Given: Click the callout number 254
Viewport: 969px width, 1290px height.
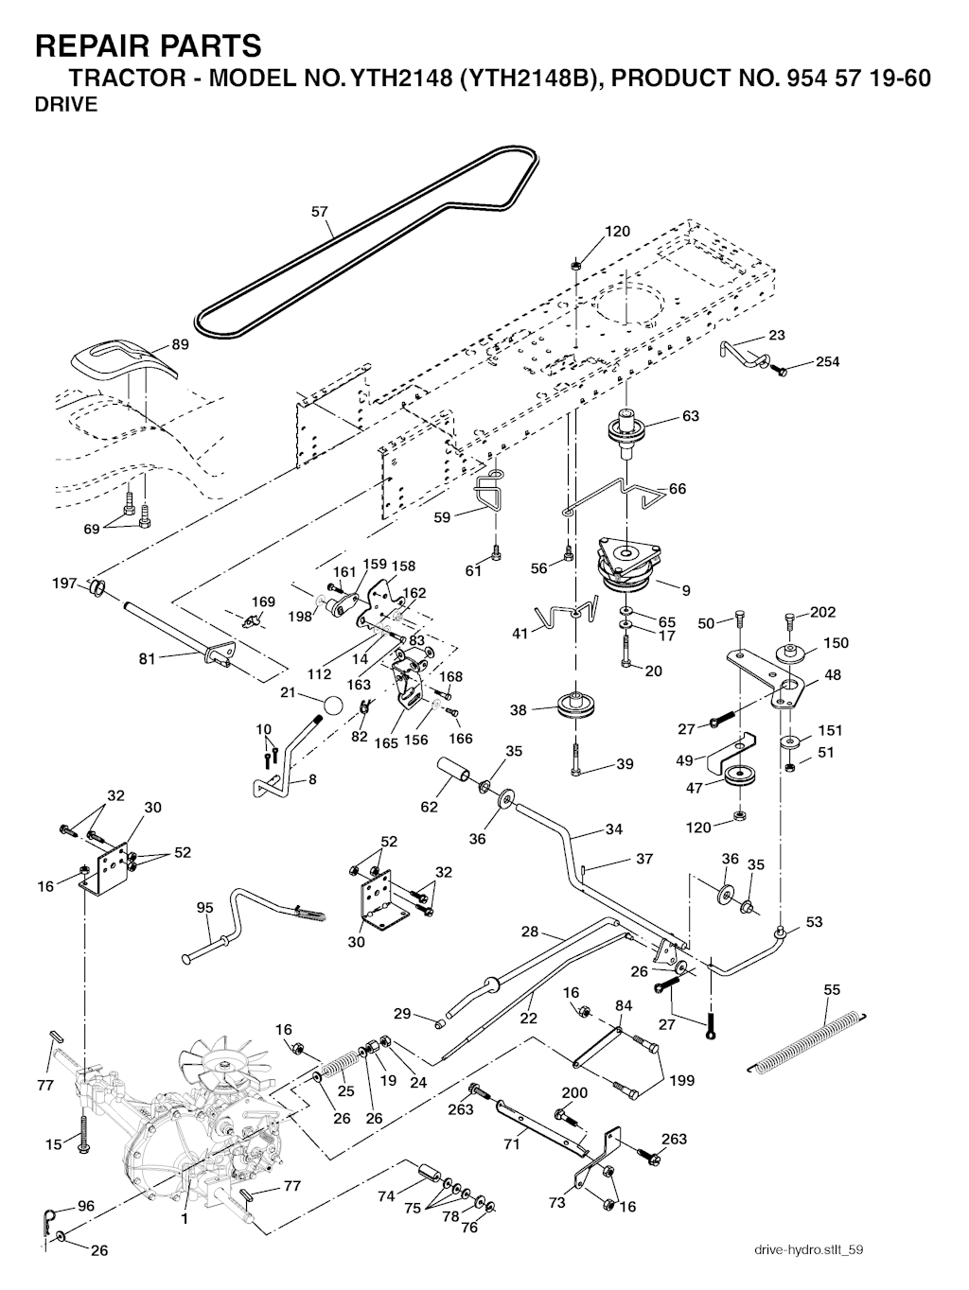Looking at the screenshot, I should (x=828, y=362).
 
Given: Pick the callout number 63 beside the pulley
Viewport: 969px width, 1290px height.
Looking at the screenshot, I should (x=691, y=416).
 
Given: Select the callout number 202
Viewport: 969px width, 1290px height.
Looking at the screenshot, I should (x=823, y=612).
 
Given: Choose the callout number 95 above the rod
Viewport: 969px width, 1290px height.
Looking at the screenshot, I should (x=204, y=908).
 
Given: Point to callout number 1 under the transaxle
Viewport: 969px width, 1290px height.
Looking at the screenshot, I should (x=185, y=1219).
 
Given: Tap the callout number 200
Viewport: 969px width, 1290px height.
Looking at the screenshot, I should (x=574, y=1092).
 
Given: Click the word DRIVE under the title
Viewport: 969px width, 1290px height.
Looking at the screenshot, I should (x=66, y=105).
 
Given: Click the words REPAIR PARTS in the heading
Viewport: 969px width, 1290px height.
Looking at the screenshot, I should (x=148, y=44).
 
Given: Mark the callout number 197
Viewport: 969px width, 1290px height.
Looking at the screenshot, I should (x=64, y=584).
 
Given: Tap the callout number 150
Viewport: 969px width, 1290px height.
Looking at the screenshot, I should (x=836, y=643).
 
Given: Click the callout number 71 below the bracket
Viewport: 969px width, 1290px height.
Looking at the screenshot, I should (x=512, y=1144).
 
